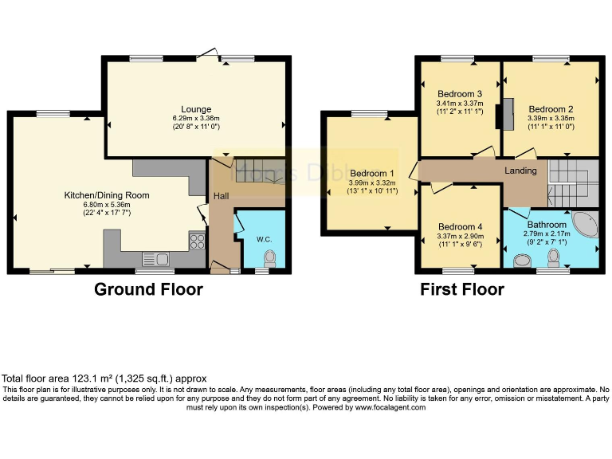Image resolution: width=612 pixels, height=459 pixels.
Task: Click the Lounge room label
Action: (196, 109)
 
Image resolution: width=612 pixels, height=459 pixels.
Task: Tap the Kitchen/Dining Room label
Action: (107, 195)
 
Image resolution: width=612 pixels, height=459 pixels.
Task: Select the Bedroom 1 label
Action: (371, 174)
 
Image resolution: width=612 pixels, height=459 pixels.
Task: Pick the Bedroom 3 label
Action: (459, 93)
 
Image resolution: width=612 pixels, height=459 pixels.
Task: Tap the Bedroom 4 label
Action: (461, 226)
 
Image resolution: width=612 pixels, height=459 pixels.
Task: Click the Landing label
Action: (520, 171)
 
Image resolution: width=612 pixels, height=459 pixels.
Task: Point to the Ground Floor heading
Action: (148, 289)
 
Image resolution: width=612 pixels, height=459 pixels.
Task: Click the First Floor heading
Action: (462, 289)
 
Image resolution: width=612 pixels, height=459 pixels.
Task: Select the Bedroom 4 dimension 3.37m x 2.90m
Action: (461, 236)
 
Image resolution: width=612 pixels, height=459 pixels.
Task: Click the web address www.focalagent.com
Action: (390, 407)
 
